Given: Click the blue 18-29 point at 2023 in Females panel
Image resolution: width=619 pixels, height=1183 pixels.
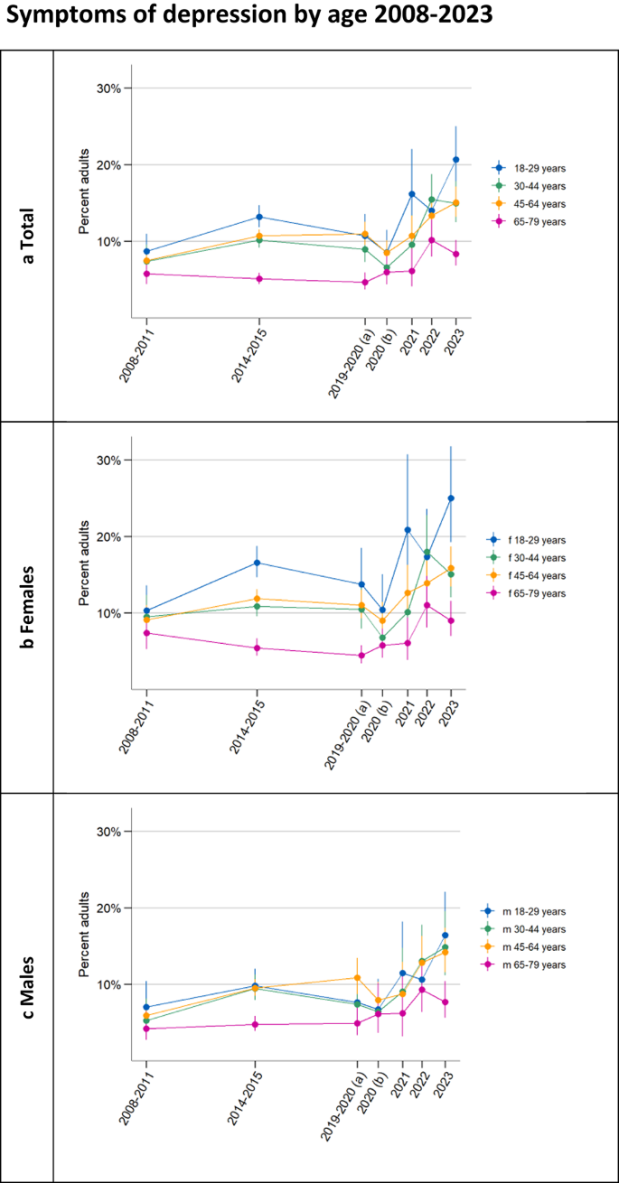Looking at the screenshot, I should point(451,498).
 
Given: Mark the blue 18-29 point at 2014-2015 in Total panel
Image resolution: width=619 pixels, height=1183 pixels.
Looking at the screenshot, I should point(259,217).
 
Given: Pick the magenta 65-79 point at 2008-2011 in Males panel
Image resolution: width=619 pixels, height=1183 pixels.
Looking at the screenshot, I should point(146,1029).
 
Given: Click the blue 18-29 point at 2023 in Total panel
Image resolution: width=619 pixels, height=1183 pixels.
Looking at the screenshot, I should point(455,160).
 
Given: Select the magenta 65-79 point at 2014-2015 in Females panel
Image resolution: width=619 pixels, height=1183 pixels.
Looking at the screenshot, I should point(258,647).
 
